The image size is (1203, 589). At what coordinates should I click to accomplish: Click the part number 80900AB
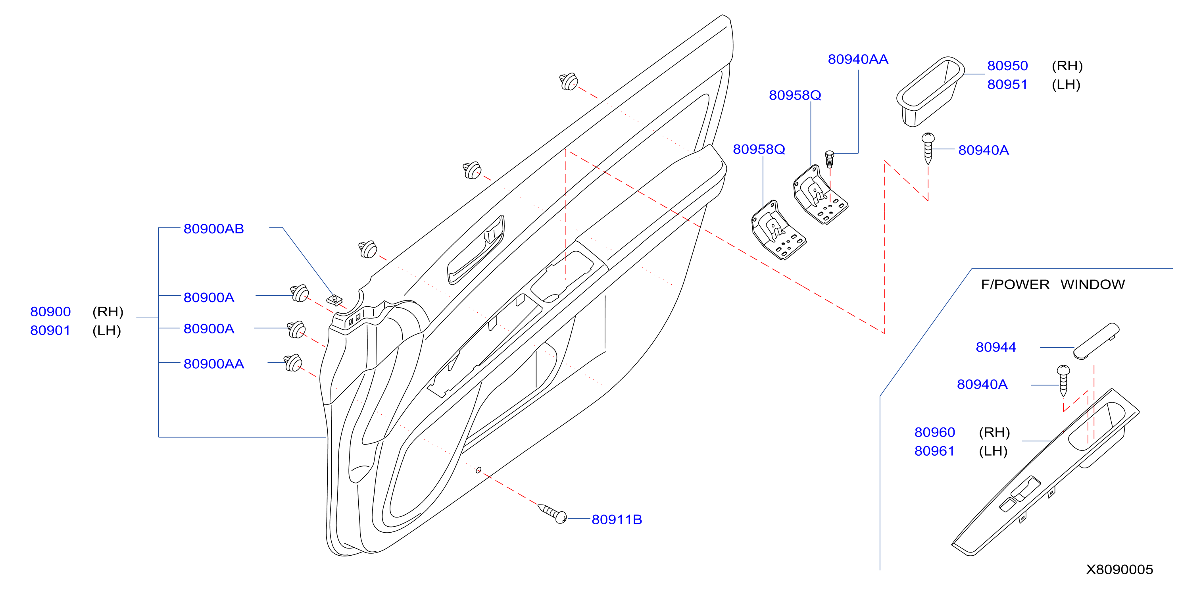coord(213,229)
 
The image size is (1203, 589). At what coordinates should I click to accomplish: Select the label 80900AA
coord(213,364)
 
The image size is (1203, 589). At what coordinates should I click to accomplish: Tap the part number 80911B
coord(617,520)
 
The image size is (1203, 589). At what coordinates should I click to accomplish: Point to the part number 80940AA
coord(858,59)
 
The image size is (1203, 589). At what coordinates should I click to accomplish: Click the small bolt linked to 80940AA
coord(829,159)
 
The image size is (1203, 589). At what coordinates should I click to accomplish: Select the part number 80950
coord(1007,66)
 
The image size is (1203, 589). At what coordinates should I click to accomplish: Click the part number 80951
coord(1007,85)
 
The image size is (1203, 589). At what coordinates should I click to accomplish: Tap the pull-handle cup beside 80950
coord(929,91)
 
